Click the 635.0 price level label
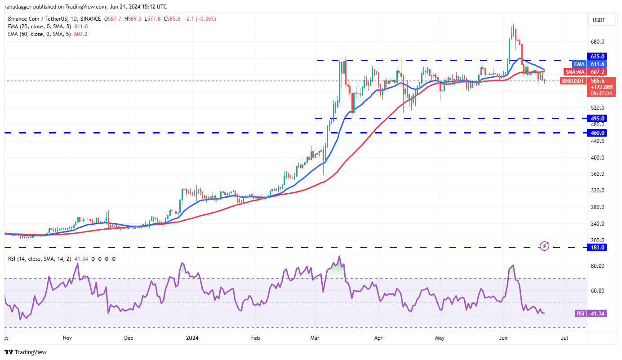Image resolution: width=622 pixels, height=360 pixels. coord(598,56)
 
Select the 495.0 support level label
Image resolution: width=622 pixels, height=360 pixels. coord(598,118)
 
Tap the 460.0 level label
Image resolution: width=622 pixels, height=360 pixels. coord(598,133)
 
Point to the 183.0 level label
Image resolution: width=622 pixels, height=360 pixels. coord(598,247)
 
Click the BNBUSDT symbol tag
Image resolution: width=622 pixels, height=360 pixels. coord(573,81)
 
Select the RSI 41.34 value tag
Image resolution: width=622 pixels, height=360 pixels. coord(591,313)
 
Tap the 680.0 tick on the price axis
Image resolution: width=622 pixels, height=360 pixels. coord(597,42)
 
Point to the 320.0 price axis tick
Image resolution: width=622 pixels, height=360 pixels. coord(597,191)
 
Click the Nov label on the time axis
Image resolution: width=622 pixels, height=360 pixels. coord(67,338)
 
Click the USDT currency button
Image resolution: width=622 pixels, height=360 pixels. coord(599,20)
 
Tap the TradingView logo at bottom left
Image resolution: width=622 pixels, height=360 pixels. coord(26,352)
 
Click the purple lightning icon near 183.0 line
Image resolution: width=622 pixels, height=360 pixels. coord(544,246)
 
